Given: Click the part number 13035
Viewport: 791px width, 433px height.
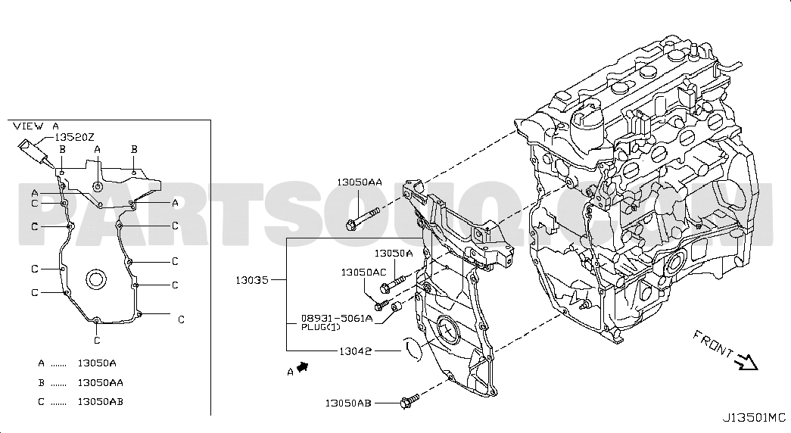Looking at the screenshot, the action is [x=252, y=279].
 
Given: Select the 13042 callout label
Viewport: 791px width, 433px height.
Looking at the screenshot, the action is [x=355, y=351].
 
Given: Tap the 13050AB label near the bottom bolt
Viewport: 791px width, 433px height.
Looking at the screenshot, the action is [x=348, y=403].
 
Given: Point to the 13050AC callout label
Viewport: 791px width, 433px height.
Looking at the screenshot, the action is [x=364, y=273].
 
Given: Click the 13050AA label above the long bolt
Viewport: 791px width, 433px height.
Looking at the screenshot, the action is [x=360, y=182].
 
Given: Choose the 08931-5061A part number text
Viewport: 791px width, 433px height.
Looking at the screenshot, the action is [x=337, y=319].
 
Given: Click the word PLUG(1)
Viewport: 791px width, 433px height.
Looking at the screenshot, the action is [x=321, y=327].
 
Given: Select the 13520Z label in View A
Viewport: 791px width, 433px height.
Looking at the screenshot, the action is [x=74, y=137].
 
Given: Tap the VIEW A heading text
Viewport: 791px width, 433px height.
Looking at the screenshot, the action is [x=36, y=126].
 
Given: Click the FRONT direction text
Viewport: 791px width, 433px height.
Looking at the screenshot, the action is [x=713, y=344].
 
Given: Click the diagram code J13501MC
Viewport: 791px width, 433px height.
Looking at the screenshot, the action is [x=754, y=418].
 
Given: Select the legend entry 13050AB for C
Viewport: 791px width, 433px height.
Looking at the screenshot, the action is [x=101, y=402].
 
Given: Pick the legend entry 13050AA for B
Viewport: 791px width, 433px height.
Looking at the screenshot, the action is [x=101, y=382].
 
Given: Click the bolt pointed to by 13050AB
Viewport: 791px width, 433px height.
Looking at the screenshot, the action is [x=409, y=401].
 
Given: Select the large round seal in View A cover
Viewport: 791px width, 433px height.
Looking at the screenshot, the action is [x=96, y=279].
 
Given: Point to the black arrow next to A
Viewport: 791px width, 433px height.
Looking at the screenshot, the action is [x=303, y=367].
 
